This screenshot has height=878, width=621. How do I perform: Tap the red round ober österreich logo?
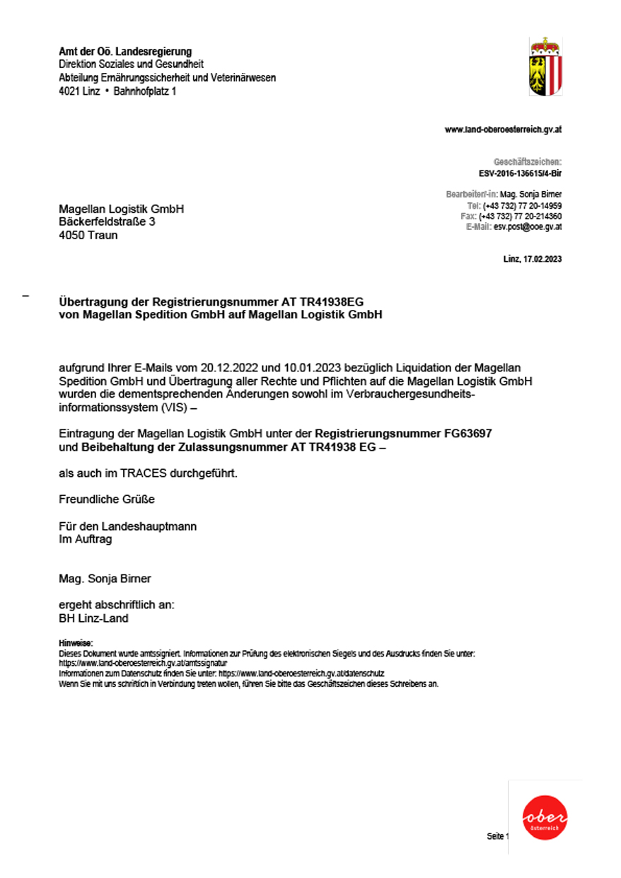pyautogui.click(x=545, y=818)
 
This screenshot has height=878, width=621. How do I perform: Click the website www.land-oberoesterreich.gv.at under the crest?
pyautogui.click(x=503, y=130)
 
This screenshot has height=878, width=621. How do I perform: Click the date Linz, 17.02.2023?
pyautogui.click(x=532, y=260)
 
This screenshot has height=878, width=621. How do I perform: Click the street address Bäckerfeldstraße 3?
pyautogui.click(x=107, y=221)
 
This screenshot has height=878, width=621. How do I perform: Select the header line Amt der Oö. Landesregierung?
pyautogui.click(x=125, y=52)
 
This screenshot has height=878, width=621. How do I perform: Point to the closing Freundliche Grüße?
pyautogui.click(x=106, y=499)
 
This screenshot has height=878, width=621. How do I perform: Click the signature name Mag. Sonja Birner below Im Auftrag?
pyautogui.click(x=105, y=579)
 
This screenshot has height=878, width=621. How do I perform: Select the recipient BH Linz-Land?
pyautogui.click(x=93, y=618)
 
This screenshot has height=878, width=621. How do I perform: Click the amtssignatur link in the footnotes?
pyautogui.click(x=143, y=664)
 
